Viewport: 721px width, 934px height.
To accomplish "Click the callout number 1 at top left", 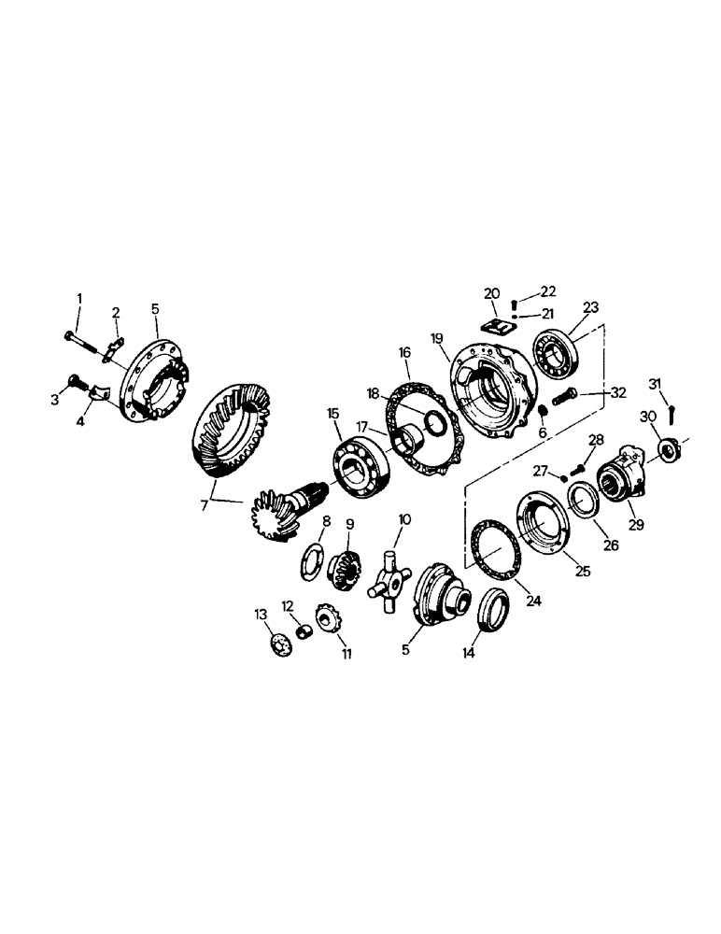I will pyautogui.click(x=79, y=299).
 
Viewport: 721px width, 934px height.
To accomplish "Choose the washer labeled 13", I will pyautogui.click(x=278, y=644).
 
